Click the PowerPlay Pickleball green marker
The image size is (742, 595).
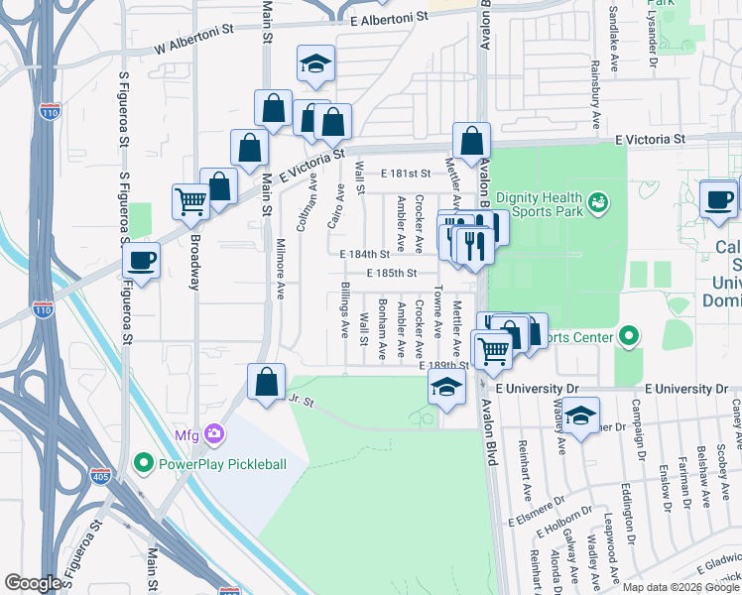coord(144,463)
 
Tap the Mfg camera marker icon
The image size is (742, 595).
coord(213,433)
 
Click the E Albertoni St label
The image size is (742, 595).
coord(389,19)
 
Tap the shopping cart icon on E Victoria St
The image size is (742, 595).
coord(190,202)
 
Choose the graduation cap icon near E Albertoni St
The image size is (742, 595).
coord(314,64)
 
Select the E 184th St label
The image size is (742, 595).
coord(369,254)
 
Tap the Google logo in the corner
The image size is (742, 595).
coord(33,583)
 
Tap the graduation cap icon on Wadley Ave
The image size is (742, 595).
coord(581,414)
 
